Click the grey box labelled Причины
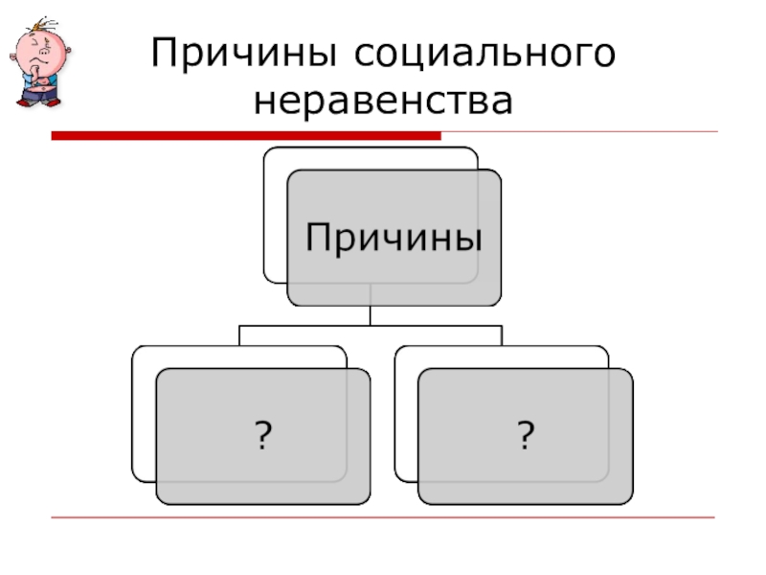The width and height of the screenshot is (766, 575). click(393, 237)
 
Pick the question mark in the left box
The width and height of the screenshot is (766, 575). click(262, 437)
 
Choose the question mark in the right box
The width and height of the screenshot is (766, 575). click(525, 437)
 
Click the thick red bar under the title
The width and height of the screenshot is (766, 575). click(245, 136)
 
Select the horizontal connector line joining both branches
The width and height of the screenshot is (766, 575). click(370, 326)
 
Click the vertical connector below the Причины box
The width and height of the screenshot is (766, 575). click(370, 315)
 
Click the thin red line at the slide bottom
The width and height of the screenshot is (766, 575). click(383, 518)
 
